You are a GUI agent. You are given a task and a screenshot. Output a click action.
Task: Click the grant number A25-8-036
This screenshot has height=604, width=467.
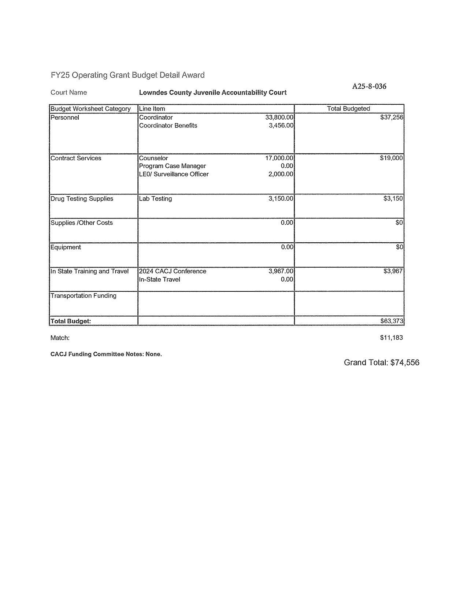pos(369,86)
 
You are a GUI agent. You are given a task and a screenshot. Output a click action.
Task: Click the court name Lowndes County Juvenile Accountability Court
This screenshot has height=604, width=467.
pos(212,93)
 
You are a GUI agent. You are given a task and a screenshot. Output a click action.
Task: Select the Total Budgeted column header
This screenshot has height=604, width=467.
pos(348,109)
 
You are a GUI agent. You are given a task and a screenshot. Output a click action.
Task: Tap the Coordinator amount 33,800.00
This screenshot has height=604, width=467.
pos(279,118)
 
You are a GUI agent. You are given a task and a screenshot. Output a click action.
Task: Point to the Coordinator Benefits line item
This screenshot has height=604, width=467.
pos(168,126)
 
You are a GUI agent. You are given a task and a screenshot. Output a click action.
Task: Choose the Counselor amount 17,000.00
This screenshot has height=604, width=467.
pos(279,158)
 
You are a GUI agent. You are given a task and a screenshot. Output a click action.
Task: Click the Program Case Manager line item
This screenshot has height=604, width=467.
pos(172,166)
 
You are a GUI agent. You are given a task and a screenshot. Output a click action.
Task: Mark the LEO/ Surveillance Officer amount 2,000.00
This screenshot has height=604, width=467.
pos(281,174)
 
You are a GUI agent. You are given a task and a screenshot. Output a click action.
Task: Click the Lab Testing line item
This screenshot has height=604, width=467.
pos(155,199)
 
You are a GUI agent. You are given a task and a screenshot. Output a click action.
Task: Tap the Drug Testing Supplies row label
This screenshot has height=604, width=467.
pos(82,199)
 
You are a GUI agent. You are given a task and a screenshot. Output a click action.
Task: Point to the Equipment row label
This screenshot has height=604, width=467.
pos(66,247)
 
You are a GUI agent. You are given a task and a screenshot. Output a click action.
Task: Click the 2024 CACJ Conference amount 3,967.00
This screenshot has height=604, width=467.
pos(281,271)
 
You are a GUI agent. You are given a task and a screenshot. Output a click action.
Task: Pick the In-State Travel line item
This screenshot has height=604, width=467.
pos(159,280)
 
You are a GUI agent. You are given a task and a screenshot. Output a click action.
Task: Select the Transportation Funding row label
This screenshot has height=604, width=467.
pos(83,296)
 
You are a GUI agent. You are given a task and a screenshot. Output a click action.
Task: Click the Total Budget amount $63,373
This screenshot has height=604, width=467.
pos(392,321)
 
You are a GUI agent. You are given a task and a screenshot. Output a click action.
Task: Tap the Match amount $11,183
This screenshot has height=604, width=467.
pos(391,338)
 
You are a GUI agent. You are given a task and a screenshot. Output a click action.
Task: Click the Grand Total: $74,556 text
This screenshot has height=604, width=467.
pos(381,363)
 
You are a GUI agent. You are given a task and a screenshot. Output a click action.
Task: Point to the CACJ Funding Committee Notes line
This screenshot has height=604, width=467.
pos(106,354)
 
